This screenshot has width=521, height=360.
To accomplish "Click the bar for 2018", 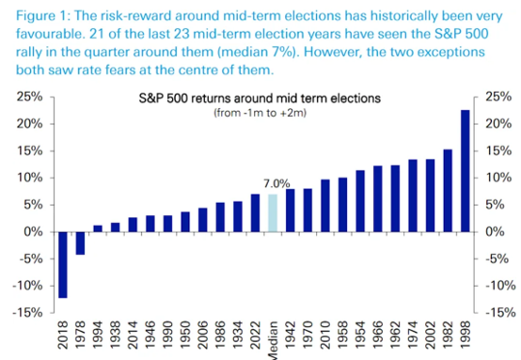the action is pos(63,265).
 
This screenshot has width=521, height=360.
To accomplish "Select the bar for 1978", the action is pos(81,243).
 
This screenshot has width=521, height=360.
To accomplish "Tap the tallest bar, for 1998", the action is pos(466,171).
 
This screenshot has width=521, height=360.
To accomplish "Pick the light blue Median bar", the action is pos(273,212).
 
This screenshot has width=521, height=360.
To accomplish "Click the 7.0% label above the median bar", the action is pos(276,183).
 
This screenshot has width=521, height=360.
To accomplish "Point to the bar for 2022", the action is pos(255,212).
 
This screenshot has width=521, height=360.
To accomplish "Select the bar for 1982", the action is pos(448,191).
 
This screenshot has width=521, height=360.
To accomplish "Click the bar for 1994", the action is pos(98,228).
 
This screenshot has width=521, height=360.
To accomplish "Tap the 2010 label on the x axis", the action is pos(325,335).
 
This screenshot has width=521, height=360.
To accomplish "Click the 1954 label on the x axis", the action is pos(360,335).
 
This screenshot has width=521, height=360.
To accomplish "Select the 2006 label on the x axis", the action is pos(203,335).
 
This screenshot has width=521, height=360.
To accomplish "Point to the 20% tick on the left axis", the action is pos(30,124).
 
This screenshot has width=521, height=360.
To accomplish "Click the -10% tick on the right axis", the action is pos(499,286).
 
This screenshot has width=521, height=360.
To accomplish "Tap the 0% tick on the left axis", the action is pos(33,232).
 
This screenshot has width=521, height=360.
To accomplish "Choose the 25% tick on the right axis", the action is pos(498,97).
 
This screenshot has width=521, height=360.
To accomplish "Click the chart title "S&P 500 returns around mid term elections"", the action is pos(260,99).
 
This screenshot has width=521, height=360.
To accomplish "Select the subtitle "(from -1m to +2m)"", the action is pos(260,113).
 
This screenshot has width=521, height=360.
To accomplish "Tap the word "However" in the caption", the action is pos(332,52).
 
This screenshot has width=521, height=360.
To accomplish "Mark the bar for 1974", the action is pos(413,196).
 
